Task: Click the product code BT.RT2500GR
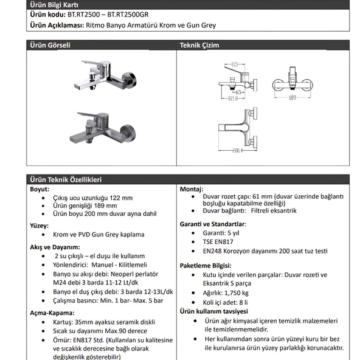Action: pyautogui.click(x=128, y=15)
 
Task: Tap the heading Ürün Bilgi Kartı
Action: pyautogui.click(x=54, y=5)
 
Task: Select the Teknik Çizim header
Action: pyautogui.click(x=199, y=45)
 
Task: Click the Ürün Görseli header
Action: pyautogui.click(x=50, y=45)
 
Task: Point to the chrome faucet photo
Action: pyautogui.click(x=105, y=75)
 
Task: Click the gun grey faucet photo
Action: pyautogui.click(x=103, y=128)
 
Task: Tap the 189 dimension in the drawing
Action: pyautogui.click(x=292, y=97)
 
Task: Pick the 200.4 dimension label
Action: pyautogui.click(x=237, y=151)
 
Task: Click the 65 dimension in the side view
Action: pyautogui.click(x=238, y=92)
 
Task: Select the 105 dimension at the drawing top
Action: pyautogui.click(x=234, y=64)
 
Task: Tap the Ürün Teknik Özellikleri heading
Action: pyautogui.click(x=66, y=179)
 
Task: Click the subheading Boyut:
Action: pyautogui.click(x=40, y=189)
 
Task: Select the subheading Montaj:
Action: pyautogui.click(x=192, y=189)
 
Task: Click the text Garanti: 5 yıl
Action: pyautogui.click(x=221, y=233)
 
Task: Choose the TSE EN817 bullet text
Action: pyautogui.click(x=218, y=242)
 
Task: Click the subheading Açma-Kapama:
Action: pyautogui.click(x=52, y=313)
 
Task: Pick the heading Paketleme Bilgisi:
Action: pyautogui.click(x=206, y=266)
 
